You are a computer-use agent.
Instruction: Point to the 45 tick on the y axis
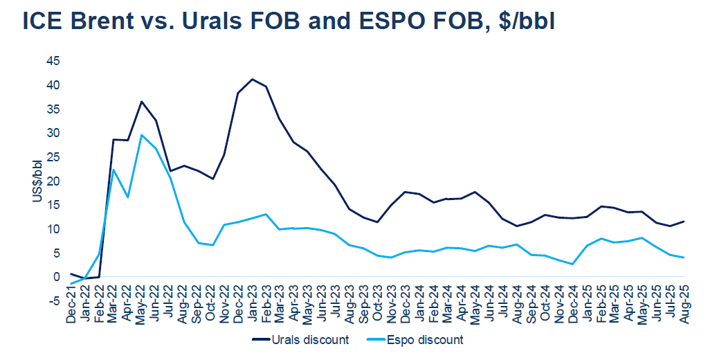tap(53, 61)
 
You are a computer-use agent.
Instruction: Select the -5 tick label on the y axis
tap(53, 301)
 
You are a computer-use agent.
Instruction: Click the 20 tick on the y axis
tap(53, 181)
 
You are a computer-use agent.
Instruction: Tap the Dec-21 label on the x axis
tap(71, 305)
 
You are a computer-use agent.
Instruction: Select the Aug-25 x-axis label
tap(684, 305)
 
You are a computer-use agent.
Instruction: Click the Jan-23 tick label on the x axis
tap(252, 305)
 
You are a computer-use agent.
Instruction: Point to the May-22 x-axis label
tap(141, 305)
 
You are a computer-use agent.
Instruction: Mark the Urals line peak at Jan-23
tap(252, 79)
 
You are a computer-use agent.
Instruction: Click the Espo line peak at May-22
tap(141, 135)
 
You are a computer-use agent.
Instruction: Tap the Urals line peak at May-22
tap(141, 102)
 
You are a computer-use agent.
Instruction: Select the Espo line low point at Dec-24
tap(572, 264)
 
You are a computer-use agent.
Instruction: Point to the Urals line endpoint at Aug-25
tap(684, 222)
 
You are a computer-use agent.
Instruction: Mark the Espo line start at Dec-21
tap(71, 283)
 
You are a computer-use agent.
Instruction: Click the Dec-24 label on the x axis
tap(572, 305)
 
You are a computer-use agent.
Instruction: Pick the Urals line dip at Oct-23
tap(377, 222)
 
